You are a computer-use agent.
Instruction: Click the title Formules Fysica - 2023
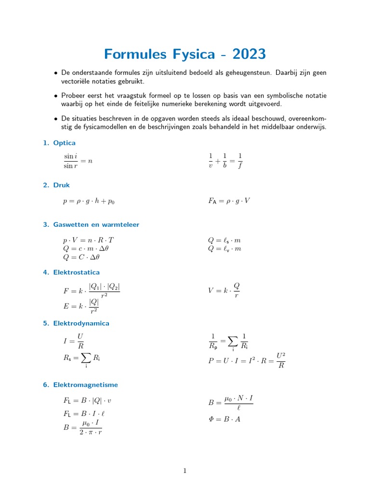185,54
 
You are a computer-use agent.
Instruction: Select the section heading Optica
65,143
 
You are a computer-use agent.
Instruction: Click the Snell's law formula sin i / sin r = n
78,161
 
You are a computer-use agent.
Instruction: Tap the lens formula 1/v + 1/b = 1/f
225,161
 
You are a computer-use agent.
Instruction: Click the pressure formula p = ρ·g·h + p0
89,201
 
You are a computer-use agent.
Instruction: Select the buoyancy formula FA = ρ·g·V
229,201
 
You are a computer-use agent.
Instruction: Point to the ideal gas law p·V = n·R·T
88,240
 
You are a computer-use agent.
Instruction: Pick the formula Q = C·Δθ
81,257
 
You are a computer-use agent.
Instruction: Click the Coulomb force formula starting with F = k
92,291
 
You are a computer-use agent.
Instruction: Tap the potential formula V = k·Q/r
224,290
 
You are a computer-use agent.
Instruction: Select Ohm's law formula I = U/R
74,341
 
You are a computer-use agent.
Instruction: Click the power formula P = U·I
247,360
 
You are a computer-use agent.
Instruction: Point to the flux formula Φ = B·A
224,419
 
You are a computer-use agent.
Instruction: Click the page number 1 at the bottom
185,471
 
